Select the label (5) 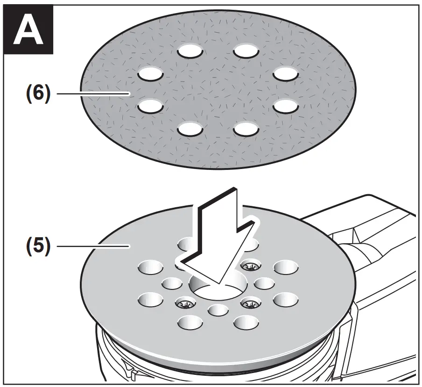(36, 246)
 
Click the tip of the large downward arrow (218, 283)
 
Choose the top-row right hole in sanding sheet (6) (246, 50)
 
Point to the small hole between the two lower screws (218, 310)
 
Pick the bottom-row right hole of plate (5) (246, 322)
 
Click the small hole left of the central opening (172, 283)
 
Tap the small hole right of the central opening (264, 283)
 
